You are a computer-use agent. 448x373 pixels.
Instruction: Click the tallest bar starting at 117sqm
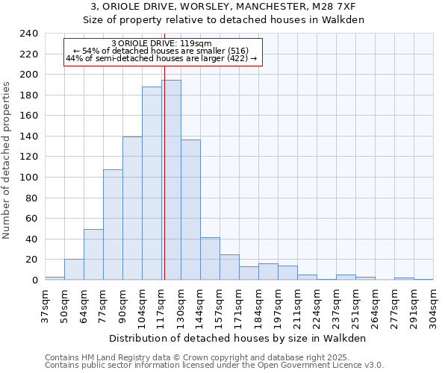click(x=171, y=180)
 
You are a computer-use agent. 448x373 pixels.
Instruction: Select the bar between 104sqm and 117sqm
click(x=152, y=183)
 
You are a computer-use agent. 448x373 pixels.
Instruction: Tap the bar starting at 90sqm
click(x=132, y=208)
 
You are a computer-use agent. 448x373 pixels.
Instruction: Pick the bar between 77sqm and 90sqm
click(x=113, y=225)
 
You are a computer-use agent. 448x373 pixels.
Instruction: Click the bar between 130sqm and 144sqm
click(x=190, y=210)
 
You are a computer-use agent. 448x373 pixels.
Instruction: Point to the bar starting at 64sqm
click(x=93, y=254)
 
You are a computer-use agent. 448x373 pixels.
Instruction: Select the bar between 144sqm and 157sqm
click(x=210, y=258)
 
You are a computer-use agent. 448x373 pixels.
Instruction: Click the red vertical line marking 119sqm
click(x=164, y=172)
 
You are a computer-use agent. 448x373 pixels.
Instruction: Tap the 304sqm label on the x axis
click(x=433, y=303)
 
